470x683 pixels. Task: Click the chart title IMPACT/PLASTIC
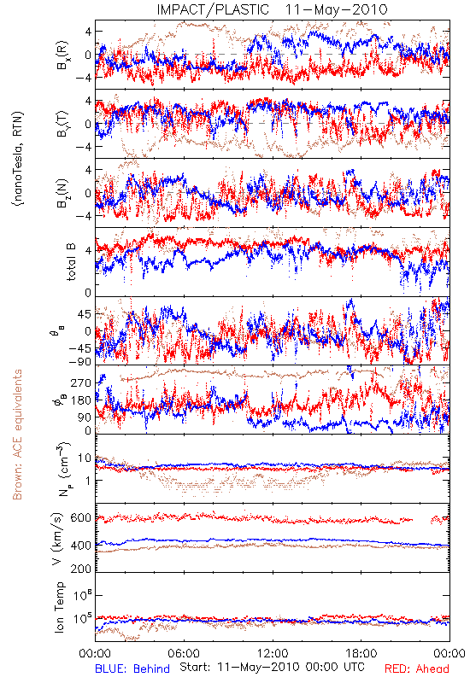[x=213, y=9]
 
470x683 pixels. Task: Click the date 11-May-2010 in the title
[x=336, y=9]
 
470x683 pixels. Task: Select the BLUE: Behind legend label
[x=132, y=668]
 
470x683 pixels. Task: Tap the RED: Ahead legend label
[x=416, y=668]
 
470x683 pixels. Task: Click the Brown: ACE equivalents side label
[x=17, y=435]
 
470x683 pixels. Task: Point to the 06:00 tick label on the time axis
[x=184, y=653]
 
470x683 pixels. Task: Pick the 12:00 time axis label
[x=273, y=653]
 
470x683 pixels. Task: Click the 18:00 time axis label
[x=361, y=653]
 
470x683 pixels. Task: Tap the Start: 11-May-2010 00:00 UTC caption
[x=272, y=667]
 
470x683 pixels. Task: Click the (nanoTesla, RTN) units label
[x=18, y=159]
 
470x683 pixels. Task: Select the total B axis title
[x=71, y=262]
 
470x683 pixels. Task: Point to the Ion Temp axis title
[x=59, y=607]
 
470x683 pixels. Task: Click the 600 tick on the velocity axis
[x=81, y=518]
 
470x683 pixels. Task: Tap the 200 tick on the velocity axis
[x=81, y=569]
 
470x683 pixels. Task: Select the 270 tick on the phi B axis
[x=81, y=383]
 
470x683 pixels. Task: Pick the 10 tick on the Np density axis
[x=85, y=458]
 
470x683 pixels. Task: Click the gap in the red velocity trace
[x=421, y=519]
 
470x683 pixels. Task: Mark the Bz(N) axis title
[x=62, y=193]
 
